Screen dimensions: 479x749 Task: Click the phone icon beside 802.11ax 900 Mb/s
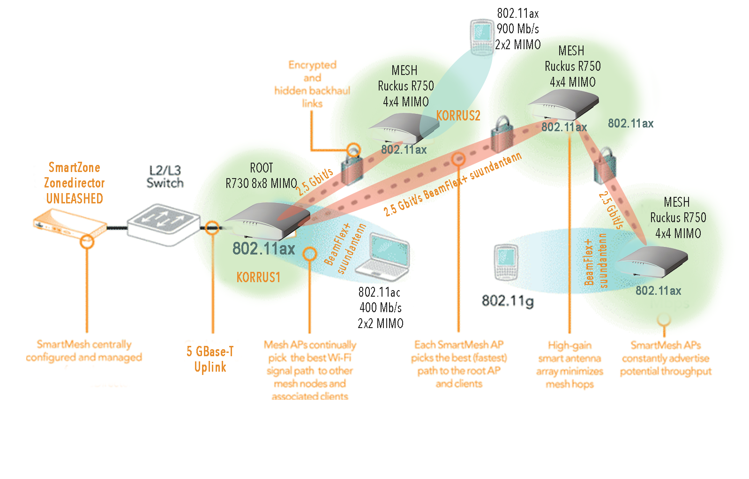click(x=481, y=35)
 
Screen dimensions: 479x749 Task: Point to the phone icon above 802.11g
click(x=506, y=262)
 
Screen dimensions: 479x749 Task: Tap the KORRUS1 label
click(x=258, y=277)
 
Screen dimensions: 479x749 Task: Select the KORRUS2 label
click(x=458, y=116)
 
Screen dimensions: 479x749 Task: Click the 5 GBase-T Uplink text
click(x=210, y=359)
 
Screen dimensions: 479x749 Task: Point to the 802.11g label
click(x=508, y=300)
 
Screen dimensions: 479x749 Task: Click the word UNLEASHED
click(x=75, y=199)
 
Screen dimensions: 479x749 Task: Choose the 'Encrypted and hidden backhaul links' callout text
click(x=312, y=84)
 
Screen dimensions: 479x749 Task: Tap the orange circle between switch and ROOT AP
click(x=212, y=228)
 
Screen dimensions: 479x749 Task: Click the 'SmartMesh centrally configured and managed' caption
click(x=84, y=351)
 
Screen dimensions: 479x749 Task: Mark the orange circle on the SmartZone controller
click(x=87, y=241)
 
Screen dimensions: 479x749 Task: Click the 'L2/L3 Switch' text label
click(x=165, y=177)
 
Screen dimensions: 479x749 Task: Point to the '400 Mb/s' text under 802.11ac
click(x=380, y=308)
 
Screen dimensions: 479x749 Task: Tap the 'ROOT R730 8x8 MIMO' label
click(x=261, y=176)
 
